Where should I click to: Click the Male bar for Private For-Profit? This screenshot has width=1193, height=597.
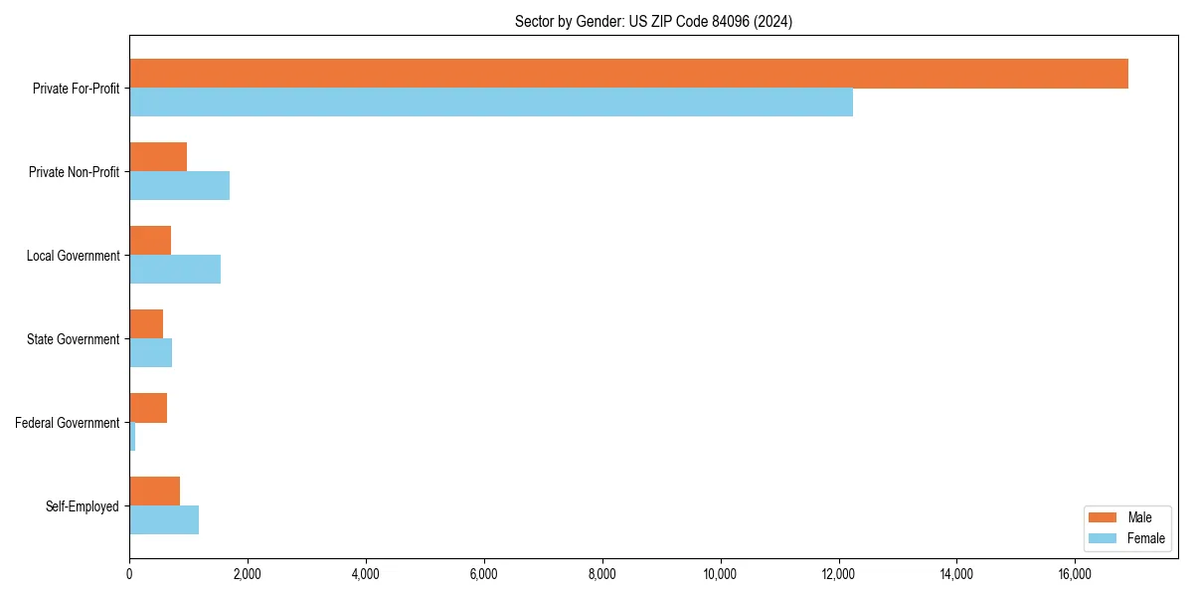click(x=628, y=74)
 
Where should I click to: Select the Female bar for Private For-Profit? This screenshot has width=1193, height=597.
click(x=491, y=102)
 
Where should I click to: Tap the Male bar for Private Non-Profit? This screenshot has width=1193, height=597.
click(x=158, y=157)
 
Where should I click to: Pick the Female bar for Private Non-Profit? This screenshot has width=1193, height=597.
click(x=179, y=186)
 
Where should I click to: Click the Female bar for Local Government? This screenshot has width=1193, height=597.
click(x=175, y=270)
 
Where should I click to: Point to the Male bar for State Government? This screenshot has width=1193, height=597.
click(x=146, y=324)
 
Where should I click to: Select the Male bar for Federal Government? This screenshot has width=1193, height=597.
click(x=148, y=408)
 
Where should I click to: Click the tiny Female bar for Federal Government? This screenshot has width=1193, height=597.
click(x=132, y=437)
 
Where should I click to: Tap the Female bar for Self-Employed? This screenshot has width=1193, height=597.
click(x=164, y=520)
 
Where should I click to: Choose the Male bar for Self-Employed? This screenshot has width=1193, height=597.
click(x=154, y=492)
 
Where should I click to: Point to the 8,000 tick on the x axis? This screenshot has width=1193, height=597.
click(x=601, y=574)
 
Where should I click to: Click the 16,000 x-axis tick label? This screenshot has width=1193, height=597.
click(x=1075, y=574)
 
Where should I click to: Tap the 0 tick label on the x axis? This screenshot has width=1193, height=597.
click(x=129, y=574)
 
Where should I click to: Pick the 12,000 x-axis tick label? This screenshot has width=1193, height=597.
click(x=838, y=574)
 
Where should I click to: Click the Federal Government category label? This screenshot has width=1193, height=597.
click(x=68, y=423)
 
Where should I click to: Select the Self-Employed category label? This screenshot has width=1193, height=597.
click(x=83, y=506)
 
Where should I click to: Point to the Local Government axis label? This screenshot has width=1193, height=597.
click(x=74, y=256)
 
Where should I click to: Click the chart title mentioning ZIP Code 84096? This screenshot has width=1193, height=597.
click(x=653, y=21)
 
